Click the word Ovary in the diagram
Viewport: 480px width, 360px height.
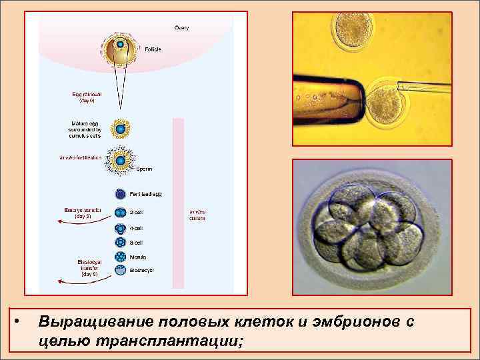(x=181, y=27)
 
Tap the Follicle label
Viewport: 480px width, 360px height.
(x=153, y=49)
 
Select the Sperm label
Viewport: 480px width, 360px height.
(x=145, y=169)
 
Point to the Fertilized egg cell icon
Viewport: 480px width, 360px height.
(x=121, y=194)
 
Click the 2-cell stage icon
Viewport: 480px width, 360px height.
(x=121, y=213)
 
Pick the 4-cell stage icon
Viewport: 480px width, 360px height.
(x=121, y=228)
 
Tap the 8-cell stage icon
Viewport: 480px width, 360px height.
(x=121, y=243)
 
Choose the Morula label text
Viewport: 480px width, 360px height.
(x=139, y=257)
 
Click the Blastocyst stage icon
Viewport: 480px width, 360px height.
(x=121, y=271)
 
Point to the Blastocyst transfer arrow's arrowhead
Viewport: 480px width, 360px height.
(x=59, y=282)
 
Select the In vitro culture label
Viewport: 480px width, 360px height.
(x=197, y=215)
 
